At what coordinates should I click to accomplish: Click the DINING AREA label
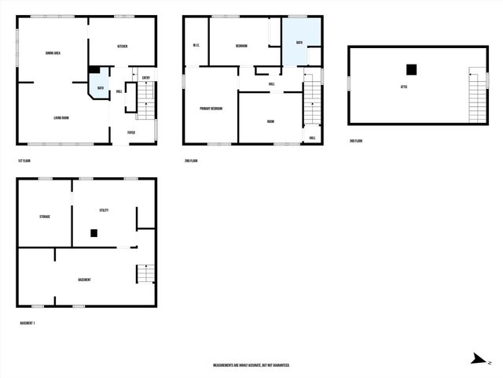pyautogui.click(x=54, y=54)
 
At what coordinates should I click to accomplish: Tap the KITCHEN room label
pyautogui.click(x=123, y=47)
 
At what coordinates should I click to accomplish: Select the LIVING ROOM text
pyautogui.click(x=61, y=118)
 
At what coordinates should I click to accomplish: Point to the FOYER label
pyautogui.click(x=131, y=132)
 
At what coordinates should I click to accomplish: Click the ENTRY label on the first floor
pyautogui.click(x=146, y=77)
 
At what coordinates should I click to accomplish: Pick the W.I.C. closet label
pyautogui.click(x=196, y=46)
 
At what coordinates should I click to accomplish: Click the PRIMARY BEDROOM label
pyautogui.click(x=211, y=108)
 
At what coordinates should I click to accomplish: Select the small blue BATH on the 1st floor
pyautogui.click(x=101, y=87)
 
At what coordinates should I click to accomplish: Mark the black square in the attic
pyautogui.click(x=410, y=69)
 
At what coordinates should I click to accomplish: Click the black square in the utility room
pyautogui.click(x=94, y=233)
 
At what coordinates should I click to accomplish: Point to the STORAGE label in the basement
pyautogui.click(x=46, y=216)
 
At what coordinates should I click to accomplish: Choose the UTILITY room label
pyautogui.click(x=104, y=210)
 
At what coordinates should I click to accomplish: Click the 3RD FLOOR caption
pyautogui.click(x=356, y=141)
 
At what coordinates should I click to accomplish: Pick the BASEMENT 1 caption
pyautogui.click(x=28, y=323)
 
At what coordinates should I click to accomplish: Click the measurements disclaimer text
pyautogui.click(x=251, y=365)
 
